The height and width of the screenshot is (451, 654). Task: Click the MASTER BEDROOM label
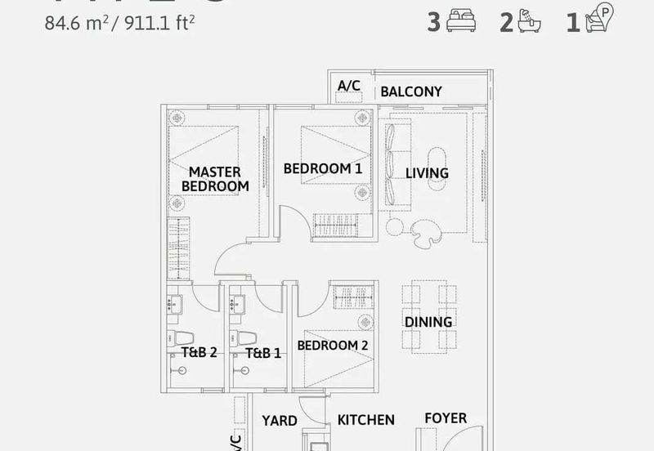coord(215,179)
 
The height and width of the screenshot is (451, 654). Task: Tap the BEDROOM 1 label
coord(323,169)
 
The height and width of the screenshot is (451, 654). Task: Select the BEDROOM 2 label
coord(333,346)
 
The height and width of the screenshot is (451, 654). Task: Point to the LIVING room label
coord(428,173)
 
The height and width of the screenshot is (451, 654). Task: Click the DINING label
coord(428,322)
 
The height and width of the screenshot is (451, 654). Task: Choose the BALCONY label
coord(411,92)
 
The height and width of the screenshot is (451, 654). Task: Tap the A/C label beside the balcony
coord(349,87)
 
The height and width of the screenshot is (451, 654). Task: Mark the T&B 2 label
coord(199,354)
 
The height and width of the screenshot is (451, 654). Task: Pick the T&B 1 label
coord(263,354)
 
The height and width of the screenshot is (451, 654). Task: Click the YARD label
coord(279,421)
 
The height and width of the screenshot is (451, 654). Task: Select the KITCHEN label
coord(366,420)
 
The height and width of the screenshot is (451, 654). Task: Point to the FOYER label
coord(446,418)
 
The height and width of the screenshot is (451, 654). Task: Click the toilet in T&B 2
coord(182,338)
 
